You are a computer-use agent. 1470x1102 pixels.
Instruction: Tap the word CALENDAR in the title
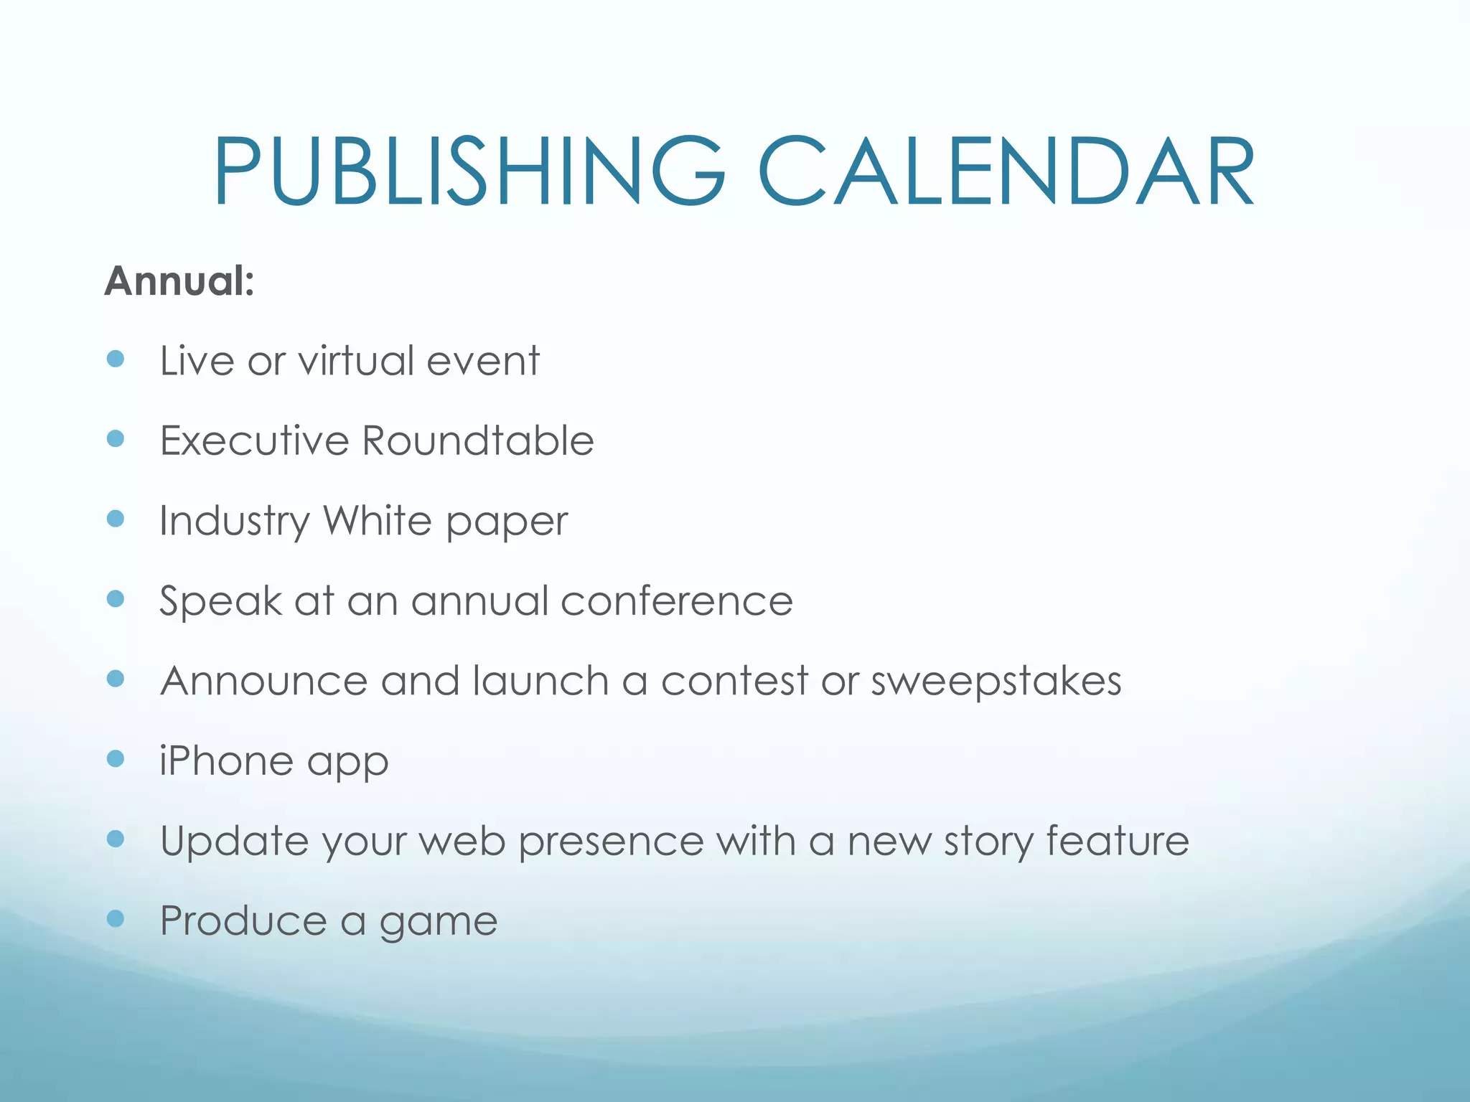(1006, 172)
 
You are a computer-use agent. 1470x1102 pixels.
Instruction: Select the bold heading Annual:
(179, 281)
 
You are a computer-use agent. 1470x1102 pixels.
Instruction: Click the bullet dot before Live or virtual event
(115, 359)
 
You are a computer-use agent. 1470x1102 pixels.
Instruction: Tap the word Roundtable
(478, 441)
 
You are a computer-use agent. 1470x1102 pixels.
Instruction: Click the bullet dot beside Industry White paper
(115, 519)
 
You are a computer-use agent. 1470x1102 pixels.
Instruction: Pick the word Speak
(220, 601)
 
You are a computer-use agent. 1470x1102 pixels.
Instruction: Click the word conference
(676, 601)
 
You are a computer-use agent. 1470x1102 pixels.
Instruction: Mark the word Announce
(263, 681)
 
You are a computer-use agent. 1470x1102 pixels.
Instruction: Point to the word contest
(734, 681)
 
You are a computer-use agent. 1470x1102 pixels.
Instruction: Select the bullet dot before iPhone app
(115, 758)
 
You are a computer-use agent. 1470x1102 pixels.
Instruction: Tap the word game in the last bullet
(438, 923)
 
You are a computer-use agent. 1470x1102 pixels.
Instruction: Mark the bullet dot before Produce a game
(115, 918)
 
